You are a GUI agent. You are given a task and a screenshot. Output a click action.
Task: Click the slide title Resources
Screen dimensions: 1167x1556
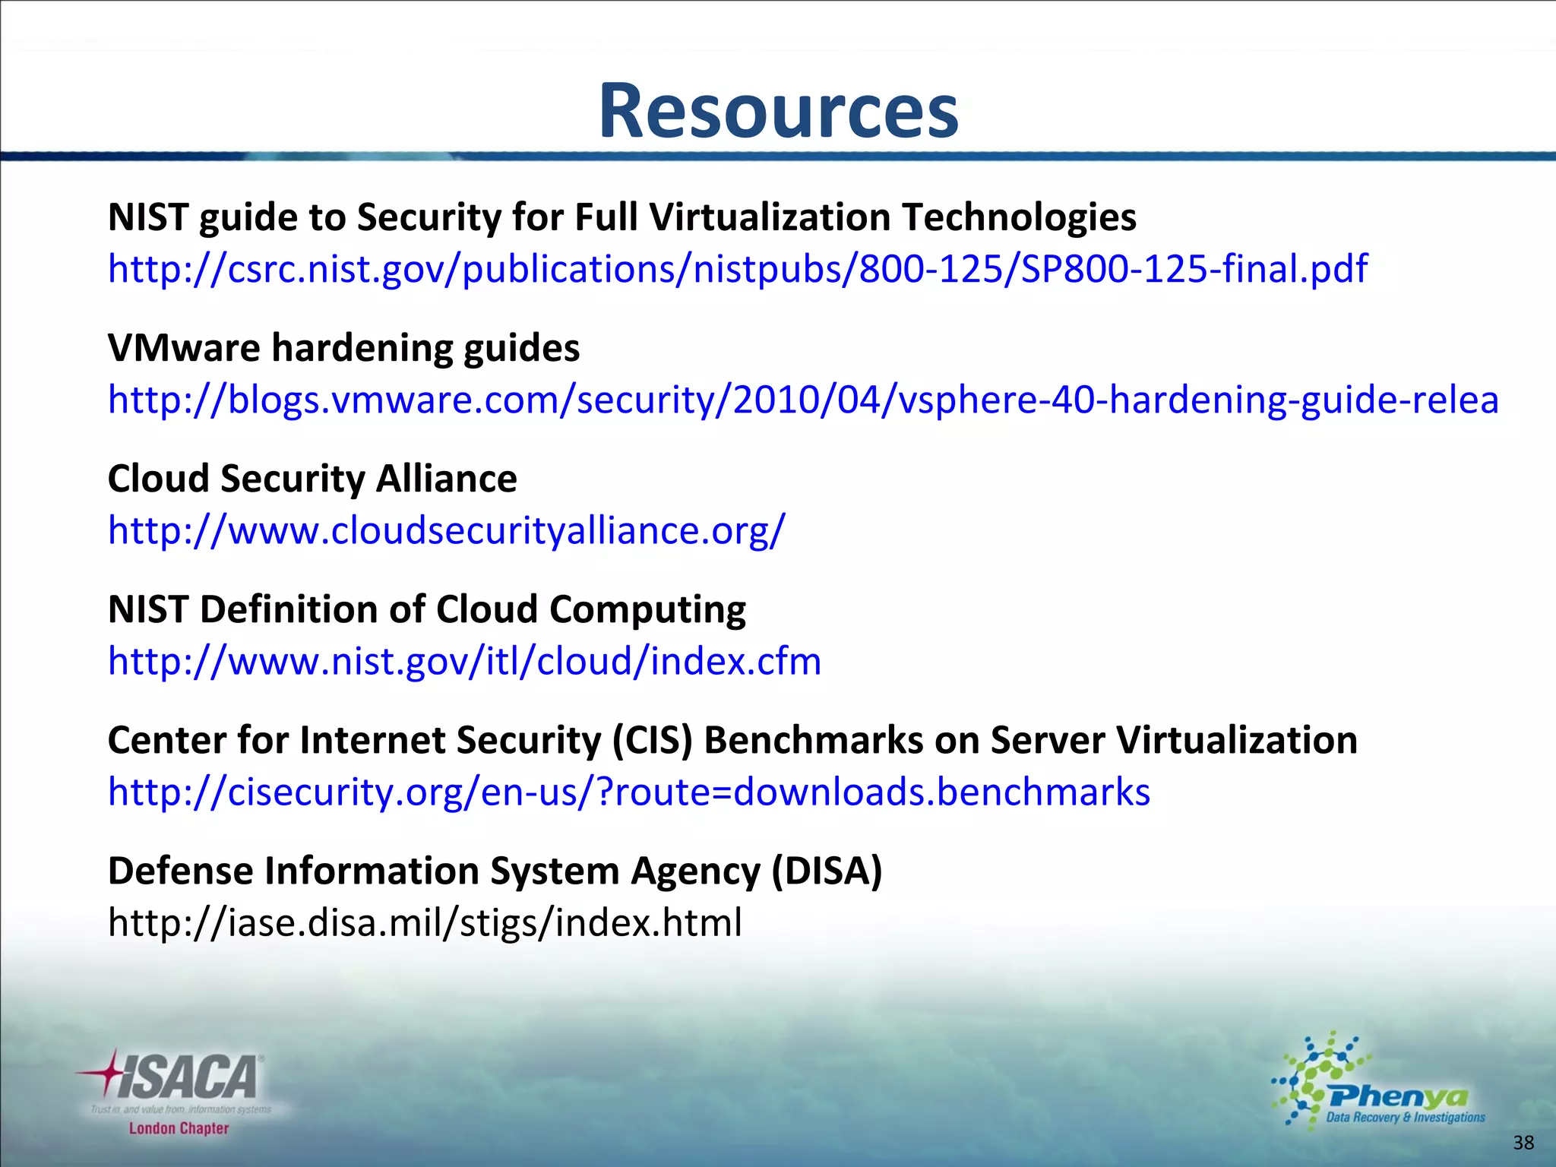tap(778, 111)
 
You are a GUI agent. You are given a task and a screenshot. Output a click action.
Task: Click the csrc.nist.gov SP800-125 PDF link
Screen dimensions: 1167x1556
tap(737, 269)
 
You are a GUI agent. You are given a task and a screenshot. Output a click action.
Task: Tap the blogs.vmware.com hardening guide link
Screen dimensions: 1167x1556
tap(802, 400)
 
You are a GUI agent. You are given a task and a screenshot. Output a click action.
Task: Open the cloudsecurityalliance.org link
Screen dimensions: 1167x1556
tap(446, 530)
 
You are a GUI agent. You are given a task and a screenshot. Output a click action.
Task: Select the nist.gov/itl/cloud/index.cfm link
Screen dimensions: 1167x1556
tap(464, 661)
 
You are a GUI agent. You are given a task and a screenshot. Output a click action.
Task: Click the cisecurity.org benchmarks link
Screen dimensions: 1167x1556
tap(628, 792)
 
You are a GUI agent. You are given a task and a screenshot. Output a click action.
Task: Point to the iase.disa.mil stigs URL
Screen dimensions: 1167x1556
tap(425, 922)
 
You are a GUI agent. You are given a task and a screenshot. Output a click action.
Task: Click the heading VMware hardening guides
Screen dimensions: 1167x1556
tap(343, 348)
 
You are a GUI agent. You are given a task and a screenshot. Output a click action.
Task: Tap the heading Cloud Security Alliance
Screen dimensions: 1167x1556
tap(312, 479)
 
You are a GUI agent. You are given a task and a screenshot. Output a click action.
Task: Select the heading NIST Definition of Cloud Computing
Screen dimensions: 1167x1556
tap(426, 609)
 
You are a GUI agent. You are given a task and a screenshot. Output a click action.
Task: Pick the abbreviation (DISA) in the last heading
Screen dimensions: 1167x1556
tap(827, 871)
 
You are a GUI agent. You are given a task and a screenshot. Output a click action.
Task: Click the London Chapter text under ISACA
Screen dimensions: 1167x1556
tap(179, 1128)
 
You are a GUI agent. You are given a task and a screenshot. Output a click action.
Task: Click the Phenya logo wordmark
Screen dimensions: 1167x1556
tap(1398, 1096)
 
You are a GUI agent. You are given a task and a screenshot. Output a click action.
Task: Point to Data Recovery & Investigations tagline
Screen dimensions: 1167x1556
tap(1405, 1117)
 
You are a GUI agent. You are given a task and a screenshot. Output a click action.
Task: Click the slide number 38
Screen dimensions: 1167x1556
tap(1523, 1143)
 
